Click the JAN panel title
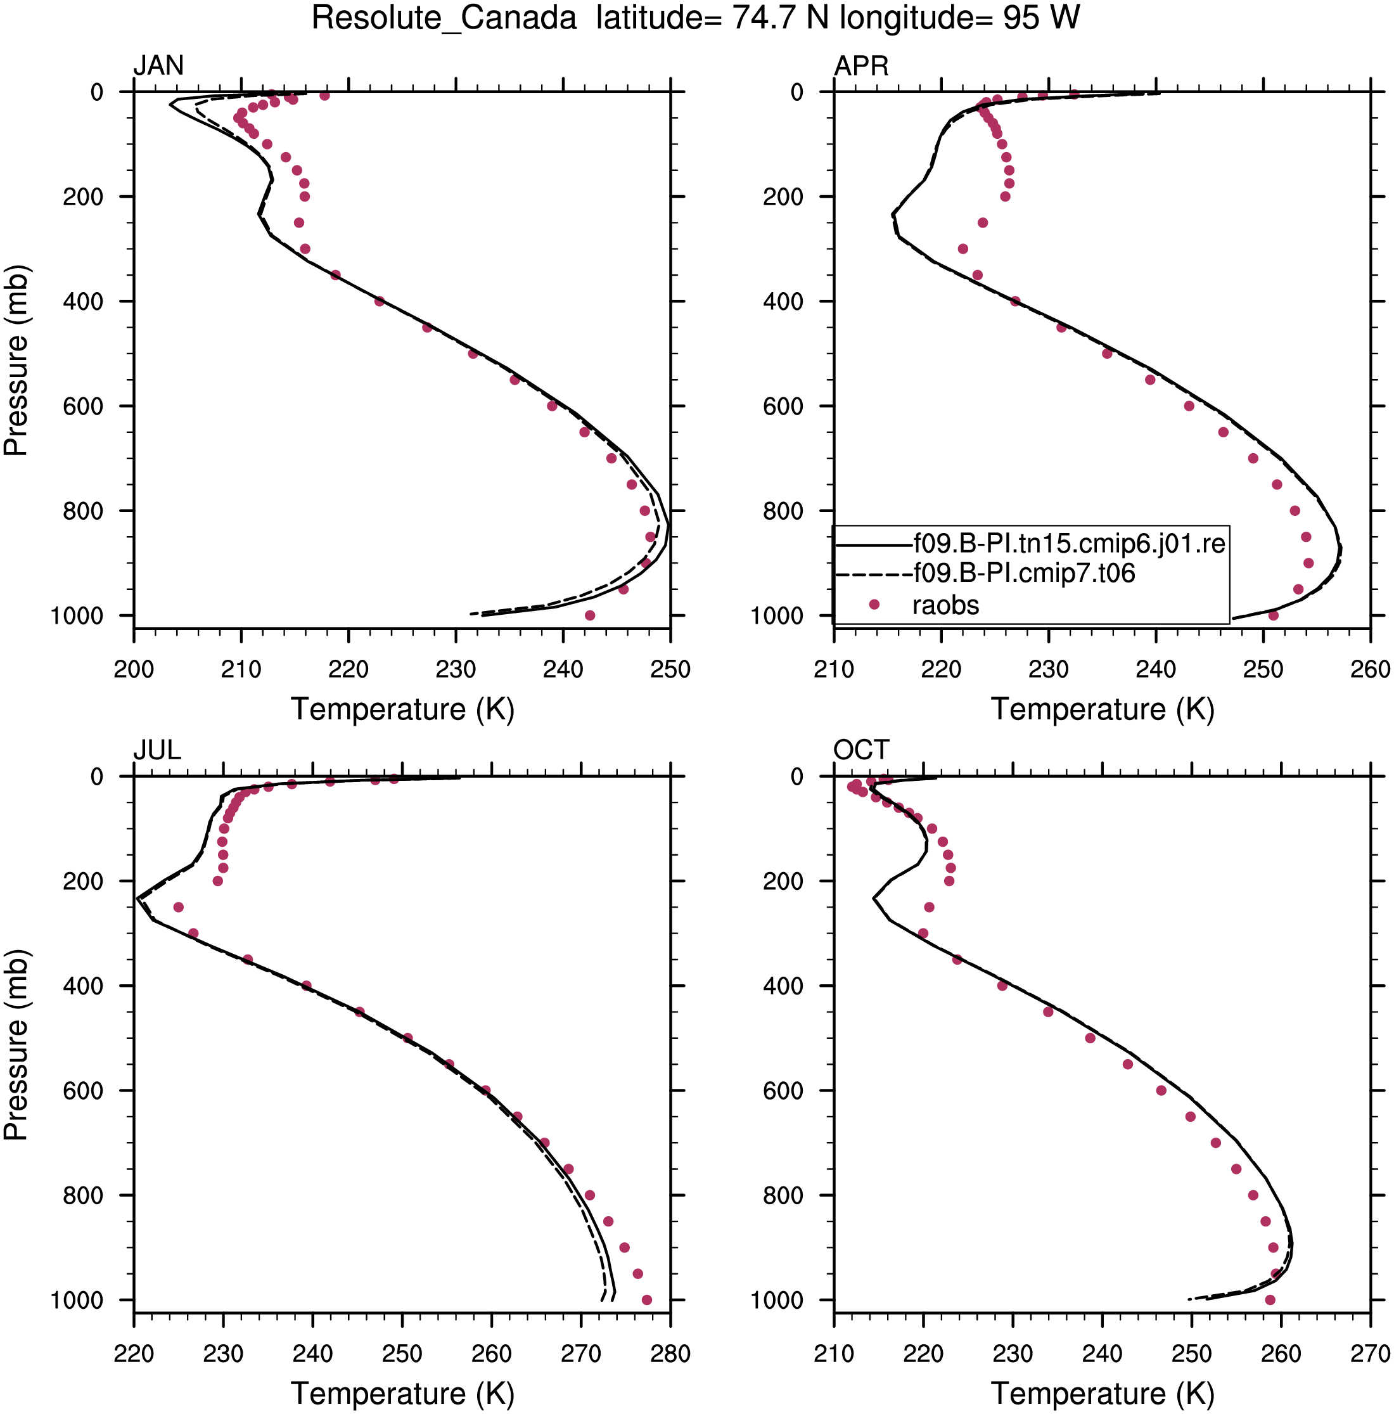(x=158, y=66)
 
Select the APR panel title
(x=860, y=66)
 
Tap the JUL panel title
(x=157, y=750)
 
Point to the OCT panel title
(x=860, y=750)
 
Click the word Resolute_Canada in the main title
(x=444, y=18)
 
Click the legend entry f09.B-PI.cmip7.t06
(x=1025, y=573)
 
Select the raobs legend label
(x=945, y=605)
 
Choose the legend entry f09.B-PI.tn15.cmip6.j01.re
(x=1069, y=543)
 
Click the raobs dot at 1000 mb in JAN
(x=590, y=615)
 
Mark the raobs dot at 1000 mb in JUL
(x=647, y=1300)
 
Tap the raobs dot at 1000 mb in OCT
(x=1270, y=1300)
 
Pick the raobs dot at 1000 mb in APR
(x=1273, y=615)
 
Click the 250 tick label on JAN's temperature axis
(x=670, y=669)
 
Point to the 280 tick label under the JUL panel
(x=670, y=1353)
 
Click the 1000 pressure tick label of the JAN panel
(x=77, y=616)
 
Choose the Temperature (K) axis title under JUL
(x=402, y=1394)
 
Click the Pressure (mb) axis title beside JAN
(x=16, y=360)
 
